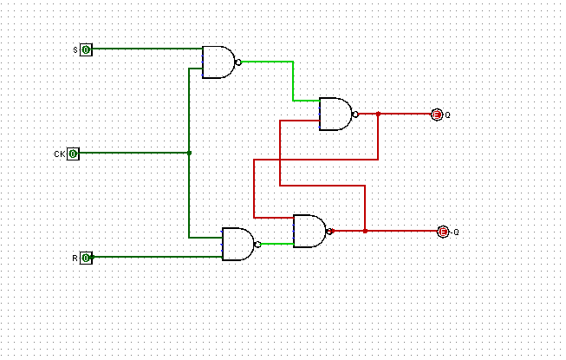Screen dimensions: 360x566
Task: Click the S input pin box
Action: [86, 49]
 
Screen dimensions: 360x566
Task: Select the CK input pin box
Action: [74, 154]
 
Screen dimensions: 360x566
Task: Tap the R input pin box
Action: [86, 258]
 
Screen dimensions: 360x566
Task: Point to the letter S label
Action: [75, 50]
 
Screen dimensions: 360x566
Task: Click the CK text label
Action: [59, 154]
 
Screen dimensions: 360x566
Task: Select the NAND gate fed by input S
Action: [218, 62]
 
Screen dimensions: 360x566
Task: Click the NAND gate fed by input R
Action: [238, 244]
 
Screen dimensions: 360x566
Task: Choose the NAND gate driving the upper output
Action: [335, 114]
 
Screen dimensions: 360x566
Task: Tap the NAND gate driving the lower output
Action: [309, 231]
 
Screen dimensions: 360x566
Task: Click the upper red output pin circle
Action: [437, 114]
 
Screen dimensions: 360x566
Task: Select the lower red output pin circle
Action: [443, 232]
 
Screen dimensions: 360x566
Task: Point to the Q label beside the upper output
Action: [448, 115]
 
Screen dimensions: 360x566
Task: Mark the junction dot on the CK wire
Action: [189, 153]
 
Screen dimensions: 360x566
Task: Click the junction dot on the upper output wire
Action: [378, 114]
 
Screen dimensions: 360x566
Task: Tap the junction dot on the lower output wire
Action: [365, 231]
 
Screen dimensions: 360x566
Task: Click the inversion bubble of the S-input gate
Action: [238, 62]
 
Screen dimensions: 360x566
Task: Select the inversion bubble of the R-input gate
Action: [258, 244]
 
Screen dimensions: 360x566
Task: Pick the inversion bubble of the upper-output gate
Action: [355, 114]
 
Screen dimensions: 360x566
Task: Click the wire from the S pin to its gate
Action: [147, 49]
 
